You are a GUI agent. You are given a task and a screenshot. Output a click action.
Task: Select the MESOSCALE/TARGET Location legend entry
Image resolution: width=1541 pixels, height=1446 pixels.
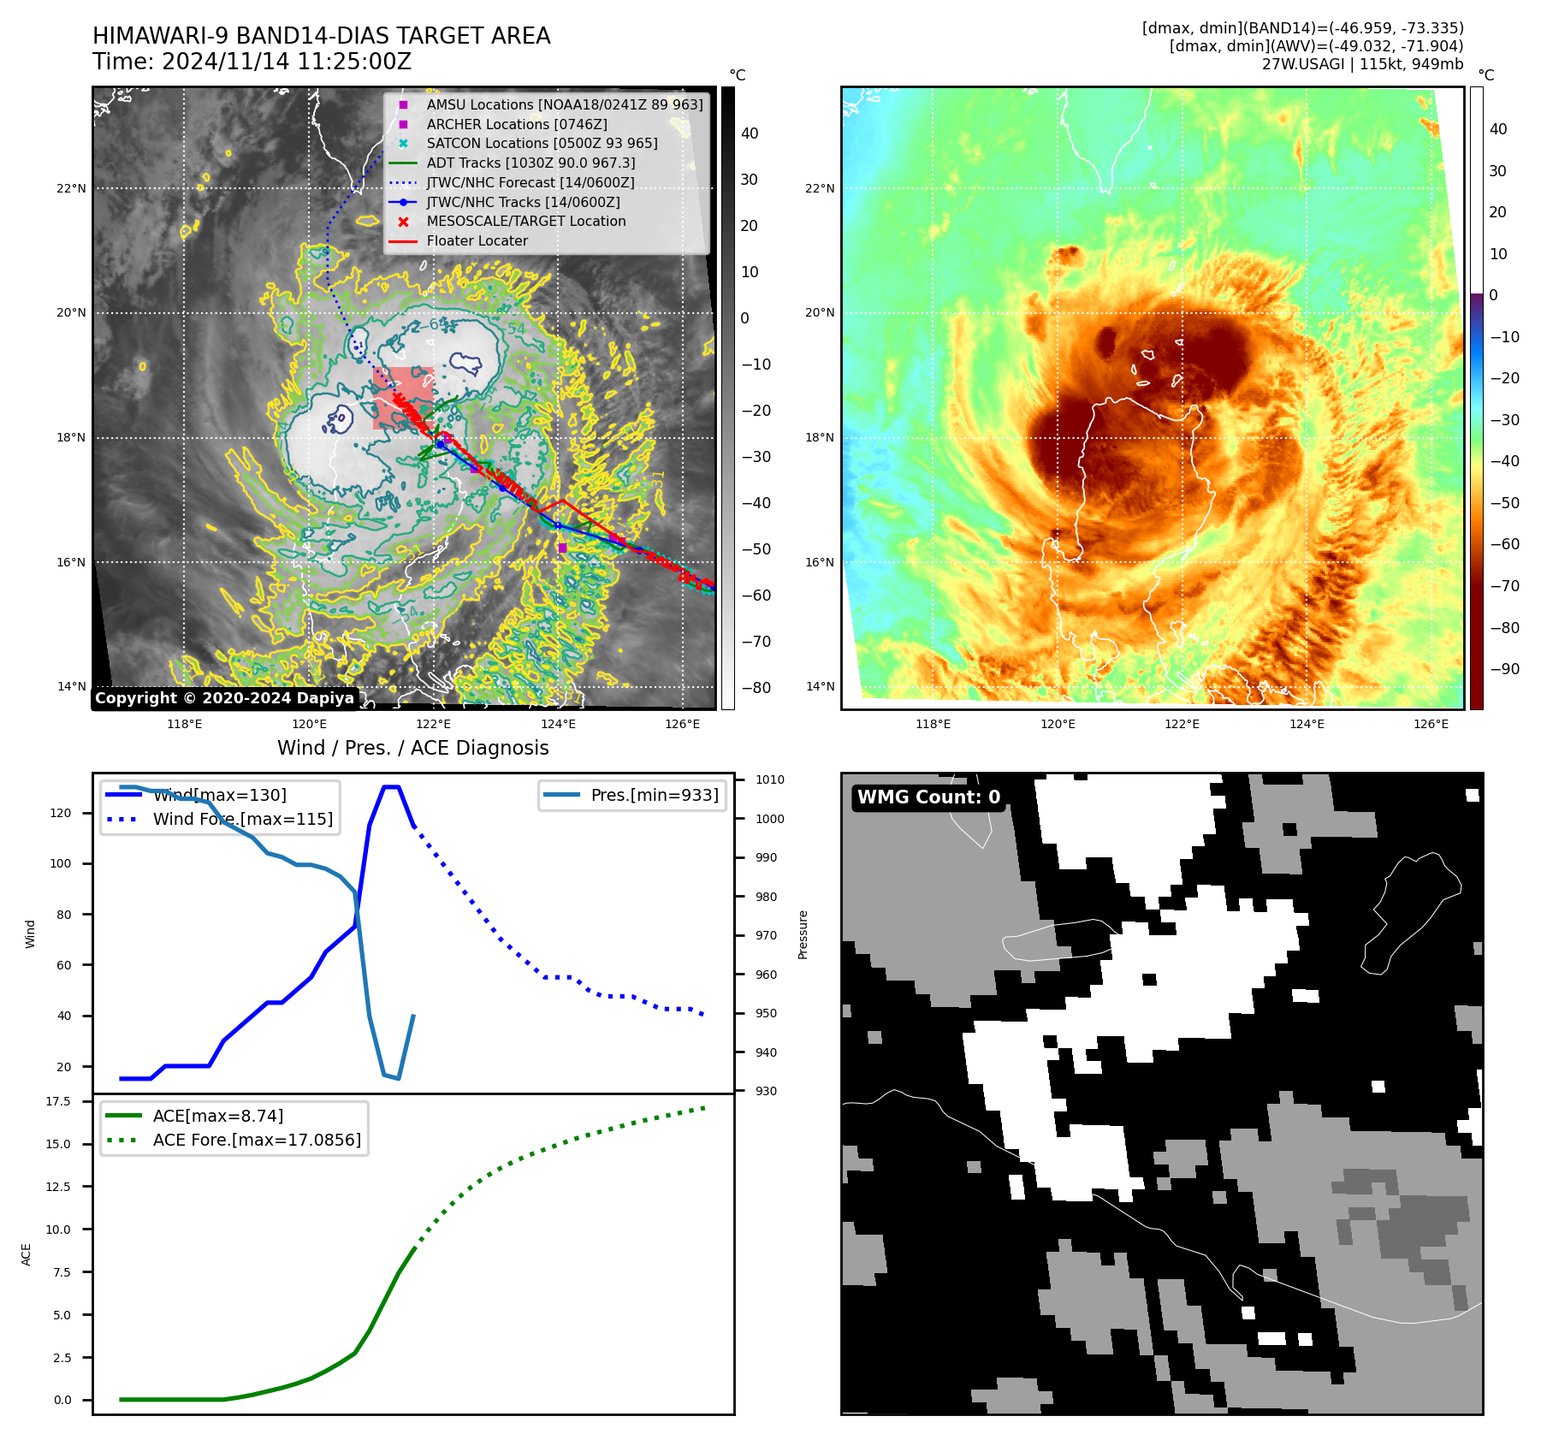coord(525,221)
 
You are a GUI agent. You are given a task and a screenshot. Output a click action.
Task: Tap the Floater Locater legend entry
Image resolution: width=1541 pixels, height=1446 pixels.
coord(477,240)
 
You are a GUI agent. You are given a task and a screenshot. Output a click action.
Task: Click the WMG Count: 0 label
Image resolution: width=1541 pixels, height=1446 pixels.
coord(928,797)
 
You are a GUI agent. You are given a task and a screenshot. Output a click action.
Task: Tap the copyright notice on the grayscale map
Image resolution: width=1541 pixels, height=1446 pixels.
coord(224,698)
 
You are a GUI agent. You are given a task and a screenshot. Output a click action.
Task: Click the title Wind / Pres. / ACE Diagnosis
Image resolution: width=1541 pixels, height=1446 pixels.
coord(412,748)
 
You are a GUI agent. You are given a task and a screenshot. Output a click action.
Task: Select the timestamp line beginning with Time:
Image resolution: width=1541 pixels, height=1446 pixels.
coord(252,62)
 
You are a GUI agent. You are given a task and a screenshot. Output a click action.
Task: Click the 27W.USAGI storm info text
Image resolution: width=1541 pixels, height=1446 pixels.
coord(1362,64)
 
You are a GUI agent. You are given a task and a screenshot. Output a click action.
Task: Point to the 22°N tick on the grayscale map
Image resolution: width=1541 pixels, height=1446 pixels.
coord(71,188)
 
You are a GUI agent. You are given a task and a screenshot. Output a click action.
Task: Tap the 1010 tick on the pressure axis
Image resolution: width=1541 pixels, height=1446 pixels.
coord(769,779)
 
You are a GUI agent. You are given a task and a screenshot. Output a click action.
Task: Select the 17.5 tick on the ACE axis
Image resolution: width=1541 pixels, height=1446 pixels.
coord(58,1101)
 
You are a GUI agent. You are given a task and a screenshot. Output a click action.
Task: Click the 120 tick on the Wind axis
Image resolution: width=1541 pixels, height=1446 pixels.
coord(61,813)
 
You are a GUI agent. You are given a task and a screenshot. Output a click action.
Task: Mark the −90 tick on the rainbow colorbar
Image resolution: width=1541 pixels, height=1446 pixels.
coord(1504,669)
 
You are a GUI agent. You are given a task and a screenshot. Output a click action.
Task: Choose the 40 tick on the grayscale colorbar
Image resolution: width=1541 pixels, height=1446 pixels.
coord(750,133)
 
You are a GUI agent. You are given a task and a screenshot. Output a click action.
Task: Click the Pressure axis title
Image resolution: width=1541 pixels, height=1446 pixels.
coord(803,934)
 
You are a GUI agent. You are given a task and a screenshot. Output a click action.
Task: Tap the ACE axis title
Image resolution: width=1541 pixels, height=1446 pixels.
coord(27,1254)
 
